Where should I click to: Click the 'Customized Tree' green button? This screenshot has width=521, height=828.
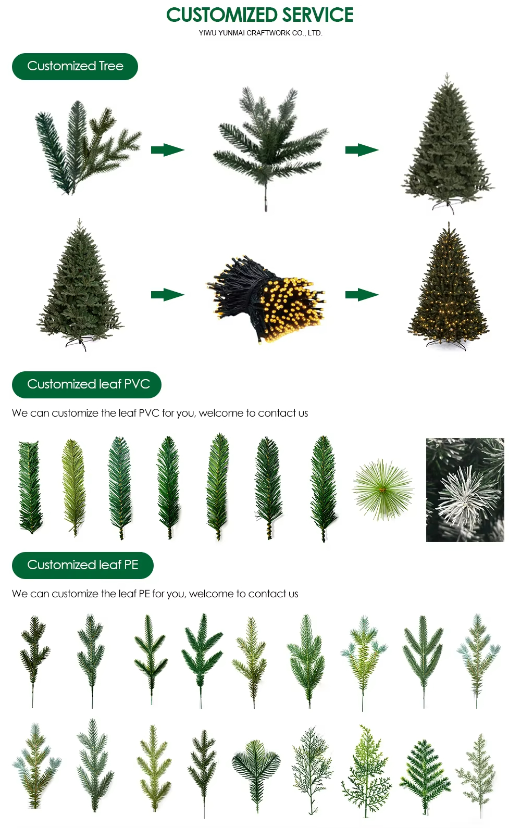pos(75,67)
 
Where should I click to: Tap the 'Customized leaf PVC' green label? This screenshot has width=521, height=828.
pos(86,384)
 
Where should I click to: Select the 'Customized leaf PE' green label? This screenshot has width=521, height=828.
pos(82,565)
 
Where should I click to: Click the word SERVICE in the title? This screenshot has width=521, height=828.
pos(318,15)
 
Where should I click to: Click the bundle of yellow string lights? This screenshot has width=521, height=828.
pos(266,299)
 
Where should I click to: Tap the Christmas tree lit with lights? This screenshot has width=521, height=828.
pos(448,286)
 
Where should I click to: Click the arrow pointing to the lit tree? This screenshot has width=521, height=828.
pos(362,295)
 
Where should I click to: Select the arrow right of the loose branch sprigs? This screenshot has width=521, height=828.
pos(168,149)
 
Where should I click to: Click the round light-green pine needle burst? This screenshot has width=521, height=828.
pos(383,490)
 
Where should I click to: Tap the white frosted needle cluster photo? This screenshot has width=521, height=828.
pos(465,490)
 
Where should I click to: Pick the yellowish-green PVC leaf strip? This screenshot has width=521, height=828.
pos(73,487)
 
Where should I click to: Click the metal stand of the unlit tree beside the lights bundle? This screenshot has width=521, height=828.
pos(78,343)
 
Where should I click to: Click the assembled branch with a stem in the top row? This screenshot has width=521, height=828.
pos(270,148)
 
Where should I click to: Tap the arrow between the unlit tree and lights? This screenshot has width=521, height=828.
pos(168,295)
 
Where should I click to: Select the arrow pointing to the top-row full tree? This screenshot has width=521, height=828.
pos(362,149)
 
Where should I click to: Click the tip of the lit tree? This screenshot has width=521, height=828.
pos(449,222)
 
